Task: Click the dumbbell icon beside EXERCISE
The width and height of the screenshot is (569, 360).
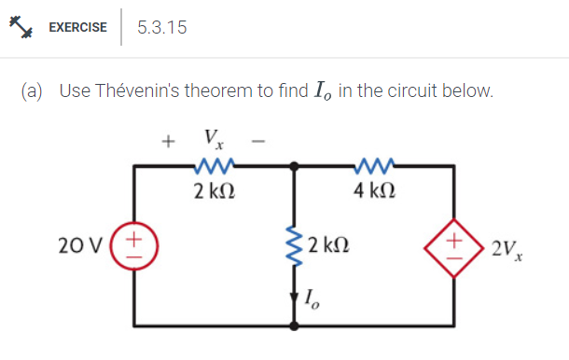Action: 22,26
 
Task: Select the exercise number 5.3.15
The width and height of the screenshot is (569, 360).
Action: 161,27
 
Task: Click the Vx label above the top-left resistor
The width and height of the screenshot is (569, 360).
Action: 212,141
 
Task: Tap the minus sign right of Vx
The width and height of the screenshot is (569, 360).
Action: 259,143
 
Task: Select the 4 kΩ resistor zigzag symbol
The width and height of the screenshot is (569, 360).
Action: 376,166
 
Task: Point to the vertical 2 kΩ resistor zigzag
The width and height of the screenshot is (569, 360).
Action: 296,248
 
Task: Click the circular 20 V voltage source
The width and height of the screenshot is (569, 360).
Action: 132,248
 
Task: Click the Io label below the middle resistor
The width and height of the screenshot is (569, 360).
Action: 314,300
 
